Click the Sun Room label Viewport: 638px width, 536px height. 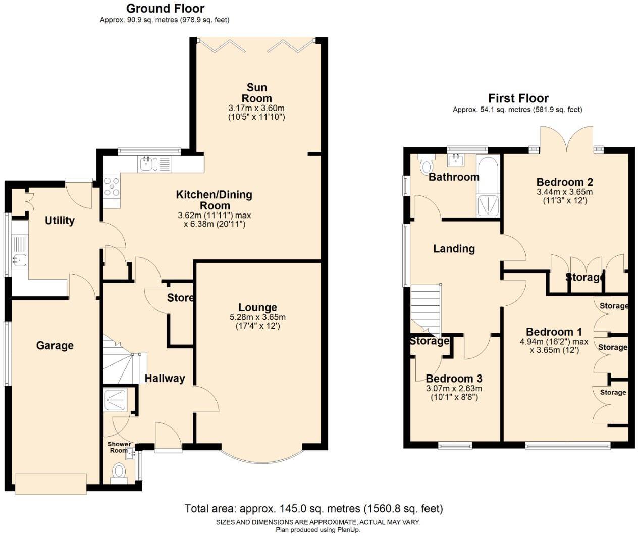pyautogui.click(x=256, y=93)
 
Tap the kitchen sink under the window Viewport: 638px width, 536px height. pyautogui.click(x=147, y=164)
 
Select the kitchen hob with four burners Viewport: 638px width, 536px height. pyautogui.click(x=112, y=187)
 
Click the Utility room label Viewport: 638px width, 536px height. pyautogui.click(x=60, y=221)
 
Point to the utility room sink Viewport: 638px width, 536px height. pyautogui.click(x=20, y=260)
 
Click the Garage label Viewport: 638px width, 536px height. pyautogui.click(x=55, y=346)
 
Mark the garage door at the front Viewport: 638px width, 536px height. pyautogui.click(x=50, y=484)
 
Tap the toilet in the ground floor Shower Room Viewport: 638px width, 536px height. pyautogui.click(x=119, y=472)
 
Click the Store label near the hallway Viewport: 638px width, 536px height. pyautogui.click(x=180, y=298)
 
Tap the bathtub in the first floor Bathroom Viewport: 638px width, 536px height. pyautogui.click(x=488, y=187)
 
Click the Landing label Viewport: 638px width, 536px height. pyautogui.click(x=454, y=249)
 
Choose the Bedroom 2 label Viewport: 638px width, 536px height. pyautogui.click(x=564, y=182)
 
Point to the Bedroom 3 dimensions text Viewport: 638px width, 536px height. pyautogui.click(x=454, y=393)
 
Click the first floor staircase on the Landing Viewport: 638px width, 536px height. pyautogui.click(x=426, y=308)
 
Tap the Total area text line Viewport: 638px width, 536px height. pyautogui.click(x=313, y=508)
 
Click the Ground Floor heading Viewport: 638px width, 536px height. pyautogui.click(x=165, y=9)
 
